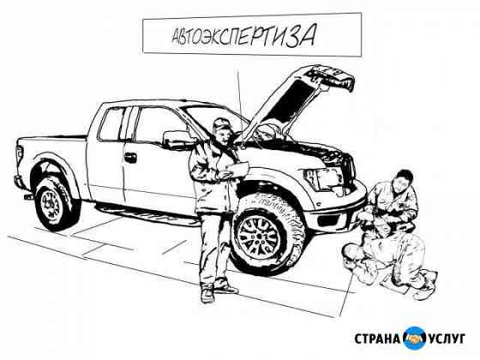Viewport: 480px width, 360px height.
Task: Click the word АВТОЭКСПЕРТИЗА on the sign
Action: pos(243,36)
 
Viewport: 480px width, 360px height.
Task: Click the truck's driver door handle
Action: pos(130,158)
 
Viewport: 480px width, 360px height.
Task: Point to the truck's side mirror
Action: pos(176,140)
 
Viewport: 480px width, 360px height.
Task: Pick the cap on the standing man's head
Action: pos(222,123)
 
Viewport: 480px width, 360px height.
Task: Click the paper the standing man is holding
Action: pos(237,170)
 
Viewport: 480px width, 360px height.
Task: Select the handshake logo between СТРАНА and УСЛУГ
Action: pos(415,339)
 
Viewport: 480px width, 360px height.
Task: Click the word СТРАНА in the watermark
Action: pos(377,339)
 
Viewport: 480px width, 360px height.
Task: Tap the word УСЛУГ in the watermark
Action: pos(447,339)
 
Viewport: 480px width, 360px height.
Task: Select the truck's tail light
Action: pos(19,153)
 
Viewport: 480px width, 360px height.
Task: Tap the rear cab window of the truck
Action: pos(111,124)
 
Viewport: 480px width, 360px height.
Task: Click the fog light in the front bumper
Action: pos(328,219)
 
